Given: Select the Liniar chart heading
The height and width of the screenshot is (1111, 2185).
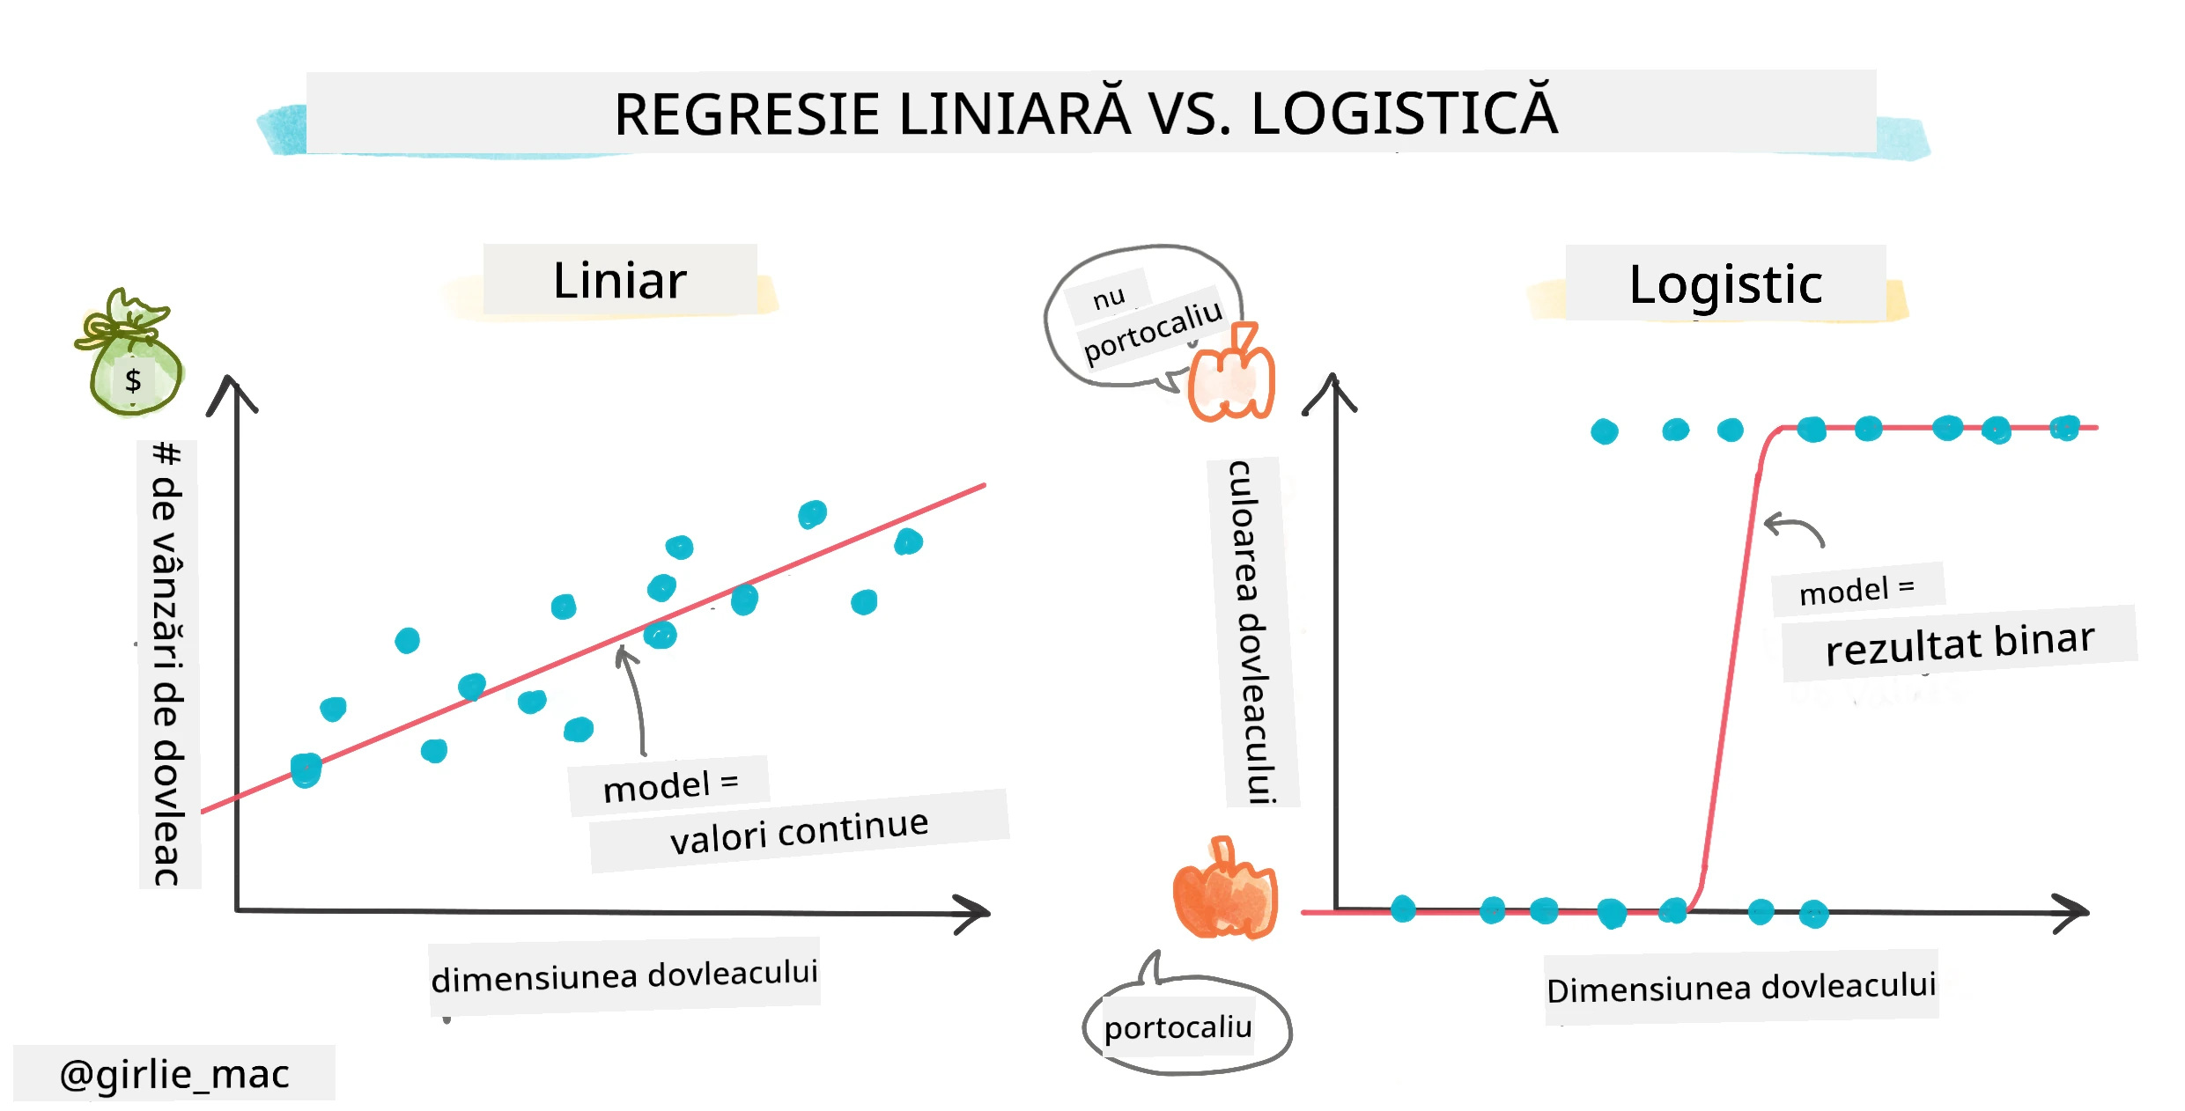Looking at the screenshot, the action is (x=620, y=281).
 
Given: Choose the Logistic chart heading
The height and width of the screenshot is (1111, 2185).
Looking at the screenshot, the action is (x=1725, y=284).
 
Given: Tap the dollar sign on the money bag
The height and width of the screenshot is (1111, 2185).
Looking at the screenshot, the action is (x=133, y=380).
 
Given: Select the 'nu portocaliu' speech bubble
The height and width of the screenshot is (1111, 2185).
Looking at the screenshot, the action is (x=1141, y=316).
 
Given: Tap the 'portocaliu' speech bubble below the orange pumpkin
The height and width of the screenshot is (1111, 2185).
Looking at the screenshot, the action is (x=1185, y=1021).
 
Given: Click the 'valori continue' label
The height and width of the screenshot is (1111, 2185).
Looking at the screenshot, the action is (x=799, y=831).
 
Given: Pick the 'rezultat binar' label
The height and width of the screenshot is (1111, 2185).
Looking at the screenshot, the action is (x=1960, y=644).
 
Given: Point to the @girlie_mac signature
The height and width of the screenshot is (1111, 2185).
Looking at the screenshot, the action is (x=174, y=1074).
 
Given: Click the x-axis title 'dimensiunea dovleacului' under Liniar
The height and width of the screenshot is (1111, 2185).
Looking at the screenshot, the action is (x=624, y=975).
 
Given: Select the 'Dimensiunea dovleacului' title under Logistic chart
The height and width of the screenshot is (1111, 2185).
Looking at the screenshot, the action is (x=1741, y=988).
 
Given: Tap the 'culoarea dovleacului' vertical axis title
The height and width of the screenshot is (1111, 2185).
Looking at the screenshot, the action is (x=1251, y=631).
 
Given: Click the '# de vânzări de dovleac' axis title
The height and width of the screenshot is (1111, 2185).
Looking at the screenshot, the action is (x=167, y=664).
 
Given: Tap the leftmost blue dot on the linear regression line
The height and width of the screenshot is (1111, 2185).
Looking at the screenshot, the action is (x=306, y=770).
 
